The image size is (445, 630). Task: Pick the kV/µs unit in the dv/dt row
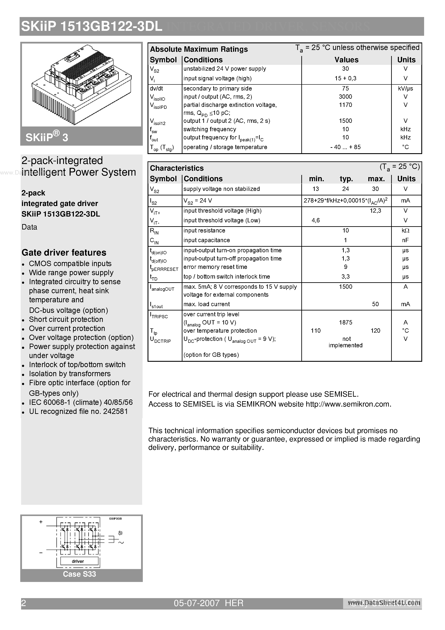(405, 88)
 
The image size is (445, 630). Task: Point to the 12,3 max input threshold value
(375, 211)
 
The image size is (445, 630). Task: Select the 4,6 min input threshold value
(316, 220)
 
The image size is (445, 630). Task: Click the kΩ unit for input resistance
(405, 231)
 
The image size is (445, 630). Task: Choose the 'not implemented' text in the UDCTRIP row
(345, 342)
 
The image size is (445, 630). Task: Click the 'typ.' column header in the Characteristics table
(346, 179)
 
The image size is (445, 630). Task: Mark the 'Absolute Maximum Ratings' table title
(199, 49)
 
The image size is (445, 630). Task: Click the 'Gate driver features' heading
(64, 253)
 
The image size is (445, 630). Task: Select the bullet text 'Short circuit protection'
(66, 319)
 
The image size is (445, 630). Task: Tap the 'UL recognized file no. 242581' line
(78, 411)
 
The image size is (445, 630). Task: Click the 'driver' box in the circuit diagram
(78, 561)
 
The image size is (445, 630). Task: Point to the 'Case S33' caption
(79, 574)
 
